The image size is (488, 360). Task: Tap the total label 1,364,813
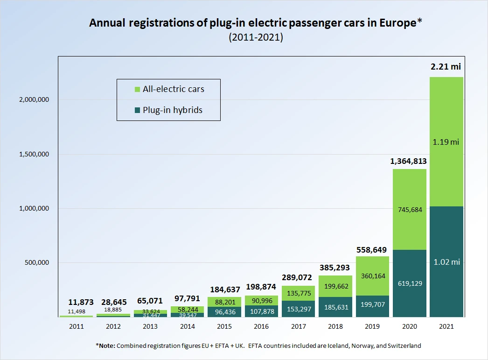click(409, 162)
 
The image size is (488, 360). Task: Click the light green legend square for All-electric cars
click(137, 89)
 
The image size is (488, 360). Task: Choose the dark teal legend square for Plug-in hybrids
click(137, 110)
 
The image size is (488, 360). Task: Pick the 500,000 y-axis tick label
click(36, 263)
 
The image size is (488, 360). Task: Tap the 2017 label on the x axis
click(299, 326)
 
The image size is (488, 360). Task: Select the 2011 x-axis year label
click(77, 326)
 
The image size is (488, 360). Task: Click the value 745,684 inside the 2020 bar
click(409, 210)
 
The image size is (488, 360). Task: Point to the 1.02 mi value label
click(446, 262)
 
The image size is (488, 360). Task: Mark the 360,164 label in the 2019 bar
click(372, 276)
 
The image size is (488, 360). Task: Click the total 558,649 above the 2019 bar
click(372, 250)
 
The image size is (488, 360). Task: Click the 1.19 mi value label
click(446, 142)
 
